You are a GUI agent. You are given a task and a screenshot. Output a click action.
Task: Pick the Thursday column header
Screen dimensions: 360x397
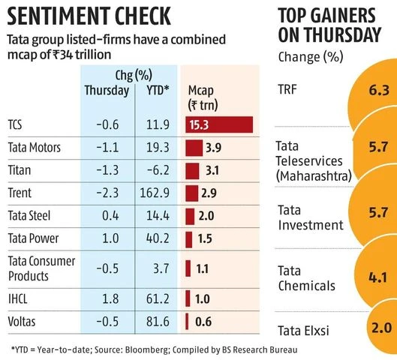click(106, 91)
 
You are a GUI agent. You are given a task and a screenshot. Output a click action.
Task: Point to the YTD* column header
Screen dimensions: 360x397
click(155, 91)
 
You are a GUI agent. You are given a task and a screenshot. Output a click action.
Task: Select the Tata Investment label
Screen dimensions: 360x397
click(310, 217)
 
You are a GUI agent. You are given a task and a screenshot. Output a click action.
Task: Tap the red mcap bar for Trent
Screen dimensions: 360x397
click(191, 193)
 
